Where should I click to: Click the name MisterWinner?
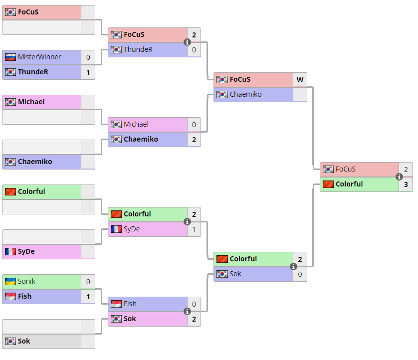(x=39, y=57)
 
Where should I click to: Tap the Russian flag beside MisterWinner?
(x=10, y=57)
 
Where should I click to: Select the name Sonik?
(x=26, y=281)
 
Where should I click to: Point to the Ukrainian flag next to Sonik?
(x=10, y=281)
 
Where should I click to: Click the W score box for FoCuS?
(x=300, y=79)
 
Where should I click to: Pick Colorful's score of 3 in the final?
(x=406, y=184)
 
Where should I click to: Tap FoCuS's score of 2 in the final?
(x=406, y=169)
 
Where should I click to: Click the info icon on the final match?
(x=399, y=177)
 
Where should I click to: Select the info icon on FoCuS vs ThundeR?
(x=188, y=42)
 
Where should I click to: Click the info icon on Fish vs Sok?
(x=188, y=311)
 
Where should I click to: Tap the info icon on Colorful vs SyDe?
(x=188, y=221)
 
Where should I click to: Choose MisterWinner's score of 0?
(x=88, y=57)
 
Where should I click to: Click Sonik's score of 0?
(x=88, y=281)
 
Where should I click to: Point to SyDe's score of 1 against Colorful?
(x=194, y=229)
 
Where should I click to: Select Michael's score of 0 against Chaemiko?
(x=194, y=124)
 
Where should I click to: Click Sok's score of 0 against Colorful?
(x=300, y=274)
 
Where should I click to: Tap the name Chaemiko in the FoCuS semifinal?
(x=245, y=94)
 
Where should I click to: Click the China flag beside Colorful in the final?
(x=328, y=184)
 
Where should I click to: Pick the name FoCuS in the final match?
(x=346, y=169)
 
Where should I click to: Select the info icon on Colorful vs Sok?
(x=293, y=266)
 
